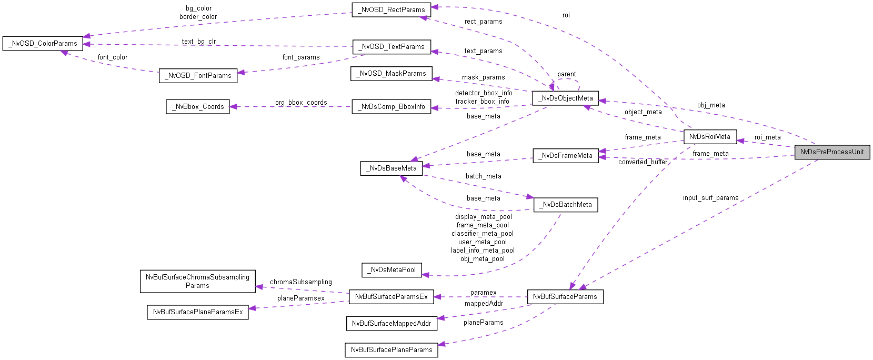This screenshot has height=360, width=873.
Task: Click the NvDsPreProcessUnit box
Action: click(x=832, y=152)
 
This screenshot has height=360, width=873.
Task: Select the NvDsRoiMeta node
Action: click(x=709, y=136)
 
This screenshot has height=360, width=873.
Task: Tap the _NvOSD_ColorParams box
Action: click(x=43, y=43)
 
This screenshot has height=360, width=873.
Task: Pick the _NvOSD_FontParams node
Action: click(x=198, y=75)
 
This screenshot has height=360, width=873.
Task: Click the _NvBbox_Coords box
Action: click(x=198, y=106)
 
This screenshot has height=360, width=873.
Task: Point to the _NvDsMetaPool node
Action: click(x=392, y=269)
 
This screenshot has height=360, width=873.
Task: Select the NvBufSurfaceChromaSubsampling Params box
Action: click(x=197, y=281)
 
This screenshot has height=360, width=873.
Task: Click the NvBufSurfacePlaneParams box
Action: click(x=391, y=349)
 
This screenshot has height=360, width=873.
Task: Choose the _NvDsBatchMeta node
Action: click(x=566, y=204)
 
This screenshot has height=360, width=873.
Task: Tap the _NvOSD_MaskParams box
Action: click(x=391, y=73)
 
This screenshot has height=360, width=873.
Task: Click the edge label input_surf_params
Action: click(x=710, y=198)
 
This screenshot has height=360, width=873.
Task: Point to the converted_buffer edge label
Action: click(x=643, y=162)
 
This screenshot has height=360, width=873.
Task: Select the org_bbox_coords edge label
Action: click(x=300, y=103)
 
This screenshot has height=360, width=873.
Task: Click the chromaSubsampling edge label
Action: click(x=300, y=282)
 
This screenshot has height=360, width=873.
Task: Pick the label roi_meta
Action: click(x=767, y=137)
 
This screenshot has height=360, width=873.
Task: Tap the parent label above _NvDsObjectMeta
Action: click(x=566, y=74)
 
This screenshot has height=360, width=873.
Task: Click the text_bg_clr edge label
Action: click(x=198, y=42)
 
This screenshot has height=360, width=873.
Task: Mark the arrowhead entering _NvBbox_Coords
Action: click(x=234, y=106)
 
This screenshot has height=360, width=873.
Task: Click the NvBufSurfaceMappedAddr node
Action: click(x=391, y=323)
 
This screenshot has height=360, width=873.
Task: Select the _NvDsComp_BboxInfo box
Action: click(x=392, y=106)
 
